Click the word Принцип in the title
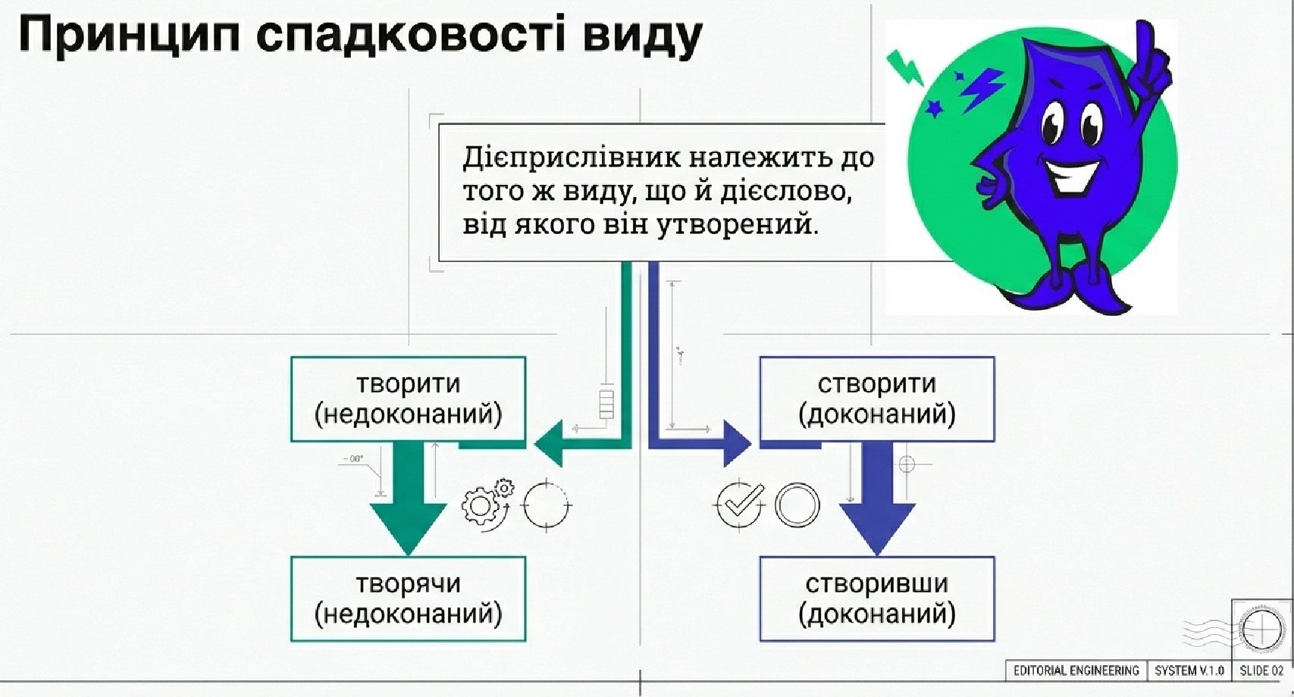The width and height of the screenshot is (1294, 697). point(129,36)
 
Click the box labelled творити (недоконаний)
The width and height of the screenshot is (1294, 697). point(408,399)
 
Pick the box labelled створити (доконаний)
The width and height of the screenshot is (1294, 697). point(876,399)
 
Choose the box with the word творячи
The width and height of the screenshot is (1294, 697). point(408,599)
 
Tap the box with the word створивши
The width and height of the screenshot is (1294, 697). point(876,599)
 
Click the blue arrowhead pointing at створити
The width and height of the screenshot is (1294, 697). point(735,442)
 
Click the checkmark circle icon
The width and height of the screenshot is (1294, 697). point(740,504)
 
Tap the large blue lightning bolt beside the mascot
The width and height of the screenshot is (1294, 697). point(982,87)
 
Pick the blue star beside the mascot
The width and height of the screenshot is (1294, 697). point(935,109)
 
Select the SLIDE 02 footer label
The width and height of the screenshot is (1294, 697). point(1261,670)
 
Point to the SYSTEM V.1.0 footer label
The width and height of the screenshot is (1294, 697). point(1189,670)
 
